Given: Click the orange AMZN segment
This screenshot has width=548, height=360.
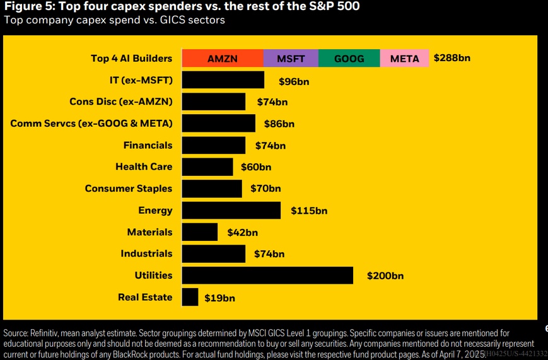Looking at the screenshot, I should pyautogui.click(x=223, y=59).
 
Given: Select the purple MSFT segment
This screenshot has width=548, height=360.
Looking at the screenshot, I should pyautogui.click(x=291, y=59).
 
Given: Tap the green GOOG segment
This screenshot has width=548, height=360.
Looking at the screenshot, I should pyautogui.click(x=349, y=59).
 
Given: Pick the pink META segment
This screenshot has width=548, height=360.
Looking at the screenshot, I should pyautogui.click(x=404, y=59).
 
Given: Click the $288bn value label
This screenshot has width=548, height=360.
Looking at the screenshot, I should pyautogui.click(x=452, y=58).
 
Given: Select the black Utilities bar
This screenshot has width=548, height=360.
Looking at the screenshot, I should pyautogui.click(x=267, y=276).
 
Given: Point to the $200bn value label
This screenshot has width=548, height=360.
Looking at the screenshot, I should pyautogui.click(x=385, y=276).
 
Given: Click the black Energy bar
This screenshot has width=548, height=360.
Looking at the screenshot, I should pyautogui.click(x=231, y=211).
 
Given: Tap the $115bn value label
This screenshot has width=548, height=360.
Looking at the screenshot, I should pyautogui.click(x=309, y=211).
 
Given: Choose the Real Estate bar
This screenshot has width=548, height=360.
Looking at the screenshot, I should pyautogui.click(x=190, y=297).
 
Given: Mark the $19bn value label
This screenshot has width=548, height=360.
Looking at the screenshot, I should pyautogui.click(x=219, y=298).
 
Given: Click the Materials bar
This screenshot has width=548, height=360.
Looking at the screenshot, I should pyautogui.click(x=199, y=232).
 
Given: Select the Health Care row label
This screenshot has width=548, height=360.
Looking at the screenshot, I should pyautogui.click(x=144, y=167).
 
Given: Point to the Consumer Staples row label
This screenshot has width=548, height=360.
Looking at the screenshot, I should pyautogui.click(x=129, y=189).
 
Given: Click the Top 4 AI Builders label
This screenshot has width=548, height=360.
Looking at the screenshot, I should pyautogui.click(x=131, y=59).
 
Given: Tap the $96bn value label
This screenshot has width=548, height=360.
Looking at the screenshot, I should pyautogui.click(x=294, y=81).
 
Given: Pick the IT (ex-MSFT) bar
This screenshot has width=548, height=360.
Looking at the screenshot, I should pyautogui.click(x=223, y=80).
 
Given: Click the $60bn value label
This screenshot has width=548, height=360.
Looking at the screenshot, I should pyautogui.click(x=256, y=167).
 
